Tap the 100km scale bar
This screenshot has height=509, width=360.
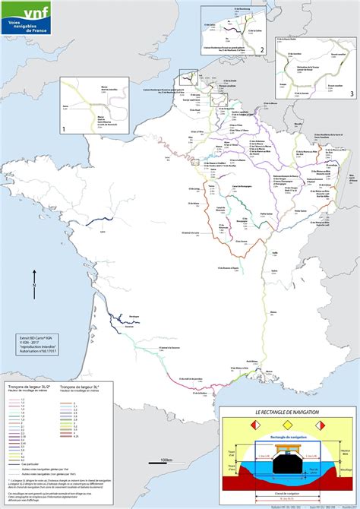[x=166, y=464]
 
